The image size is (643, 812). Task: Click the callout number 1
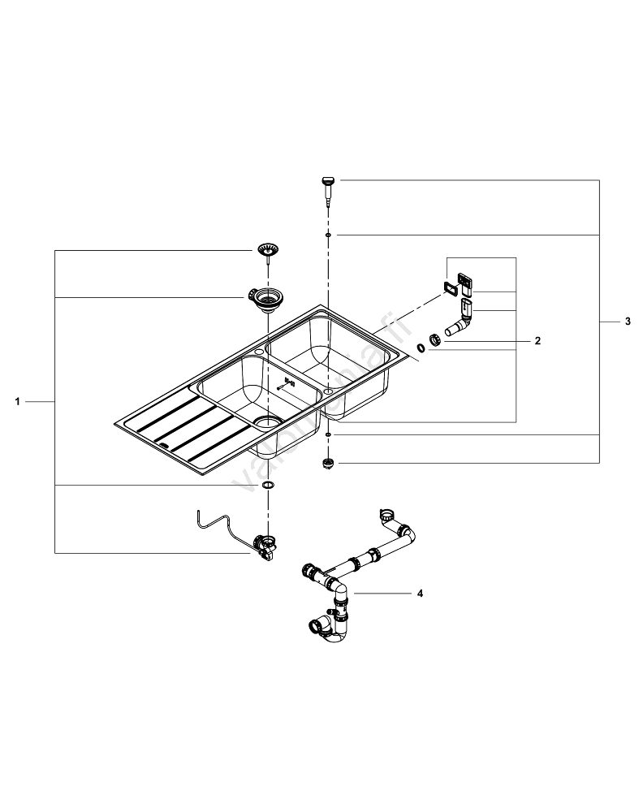[x=19, y=401]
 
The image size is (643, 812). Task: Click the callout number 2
[x=537, y=341]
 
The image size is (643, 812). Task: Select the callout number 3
[x=627, y=322]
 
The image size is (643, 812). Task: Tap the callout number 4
[x=420, y=594]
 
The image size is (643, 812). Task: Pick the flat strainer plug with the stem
[x=266, y=249]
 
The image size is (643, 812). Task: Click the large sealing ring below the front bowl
[x=267, y=485]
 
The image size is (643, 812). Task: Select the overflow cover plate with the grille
[x=465, y=282]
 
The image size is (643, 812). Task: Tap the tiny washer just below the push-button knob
[x=327, y=235]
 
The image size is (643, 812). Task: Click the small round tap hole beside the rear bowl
[x=257, y=351]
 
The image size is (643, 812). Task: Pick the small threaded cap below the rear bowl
[x=328, y=464]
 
